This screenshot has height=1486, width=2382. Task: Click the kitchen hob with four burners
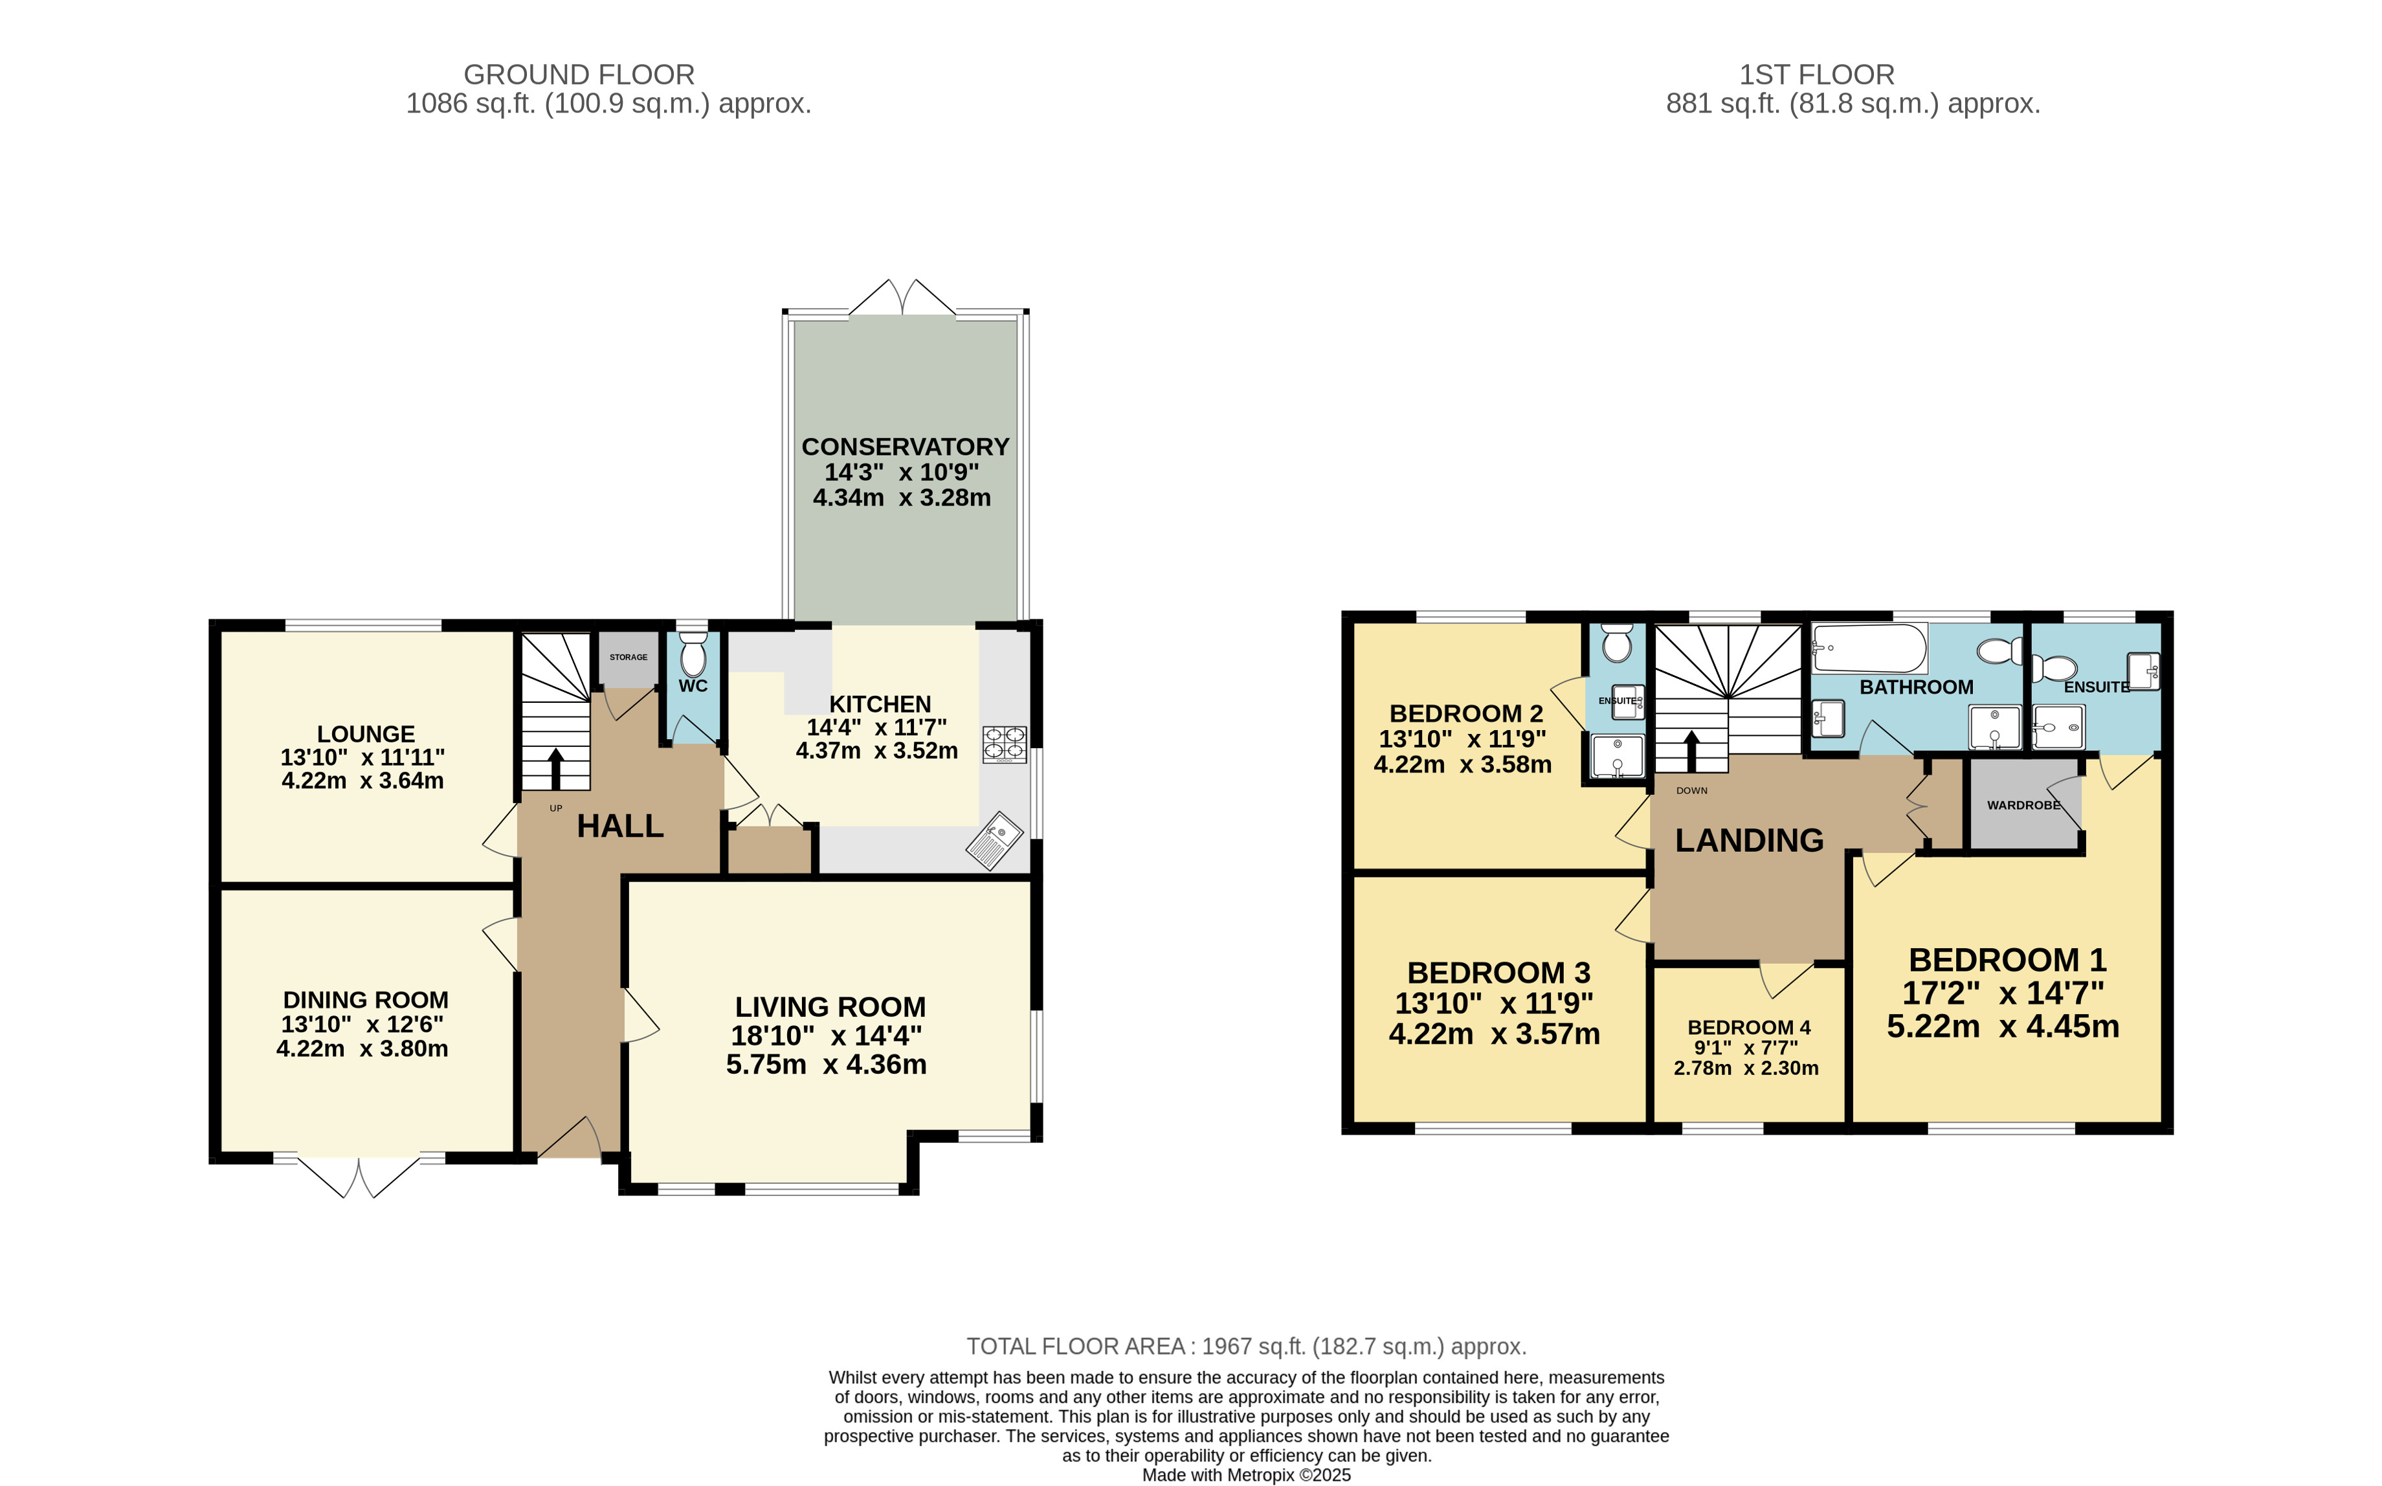(x=1005, y=745)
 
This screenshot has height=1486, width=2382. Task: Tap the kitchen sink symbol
(x=994, y=841)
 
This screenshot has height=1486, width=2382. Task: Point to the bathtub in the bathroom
(x=1869, y=648)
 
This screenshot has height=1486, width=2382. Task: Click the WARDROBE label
(x=2023, y=805)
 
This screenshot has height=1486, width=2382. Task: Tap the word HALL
(x=620, y=826)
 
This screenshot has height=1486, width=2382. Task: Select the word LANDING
(x=1749, y=840)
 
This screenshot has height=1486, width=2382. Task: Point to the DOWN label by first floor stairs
(x=1692, y=790)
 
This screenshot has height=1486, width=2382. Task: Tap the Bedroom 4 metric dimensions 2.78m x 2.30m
(x=1746, y=1067)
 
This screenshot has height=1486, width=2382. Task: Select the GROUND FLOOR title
(x=579, y=74)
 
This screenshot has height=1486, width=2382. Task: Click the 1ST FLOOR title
(x=1817, y=74)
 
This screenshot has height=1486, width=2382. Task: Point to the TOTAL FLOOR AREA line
(x=1246, y=1346)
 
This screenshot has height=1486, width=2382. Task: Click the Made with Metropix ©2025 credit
(x=1246, y=1475)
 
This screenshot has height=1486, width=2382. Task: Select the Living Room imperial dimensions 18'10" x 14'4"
(x=827, y=1036)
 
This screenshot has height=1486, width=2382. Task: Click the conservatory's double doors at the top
(x=902, y=298)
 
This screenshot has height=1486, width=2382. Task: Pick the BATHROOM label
(x=1916, y=687)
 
